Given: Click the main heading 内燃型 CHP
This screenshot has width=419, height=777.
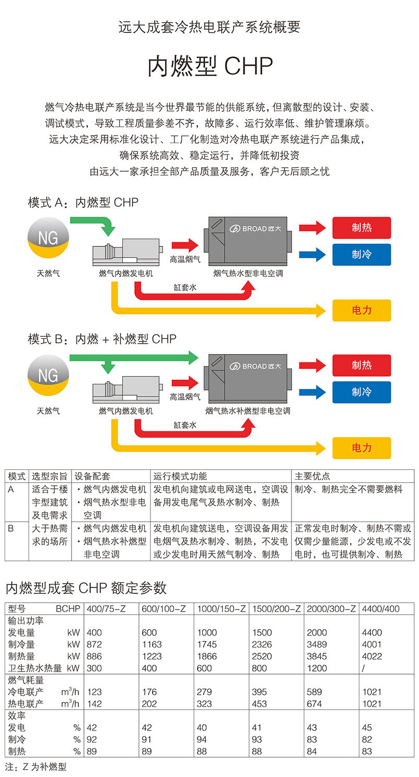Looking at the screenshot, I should click(210, 66).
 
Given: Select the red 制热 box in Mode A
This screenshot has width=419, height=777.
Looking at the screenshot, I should click(362, 228).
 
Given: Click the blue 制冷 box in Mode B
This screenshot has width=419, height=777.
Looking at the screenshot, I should click(362, 392).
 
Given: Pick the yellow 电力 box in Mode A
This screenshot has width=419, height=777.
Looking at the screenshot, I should click(362, 310).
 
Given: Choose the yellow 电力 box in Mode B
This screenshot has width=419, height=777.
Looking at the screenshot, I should click(362, 448).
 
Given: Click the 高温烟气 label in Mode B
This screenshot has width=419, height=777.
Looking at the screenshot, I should click(185, 397).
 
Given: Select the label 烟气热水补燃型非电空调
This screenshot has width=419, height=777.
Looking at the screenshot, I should click(248, 411).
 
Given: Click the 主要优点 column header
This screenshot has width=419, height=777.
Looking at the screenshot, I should click(312, 476).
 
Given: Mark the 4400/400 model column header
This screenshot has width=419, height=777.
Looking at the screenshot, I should click(380, 609).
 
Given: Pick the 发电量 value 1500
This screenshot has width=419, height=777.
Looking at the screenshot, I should click(262, 633).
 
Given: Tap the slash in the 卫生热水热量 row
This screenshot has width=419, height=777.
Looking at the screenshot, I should click(363, 668).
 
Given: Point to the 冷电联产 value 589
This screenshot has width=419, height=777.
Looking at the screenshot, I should click(315, 692).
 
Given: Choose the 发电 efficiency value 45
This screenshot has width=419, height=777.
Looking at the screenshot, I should click(367, 728).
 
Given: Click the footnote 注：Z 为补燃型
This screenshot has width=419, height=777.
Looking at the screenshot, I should click(36, 767).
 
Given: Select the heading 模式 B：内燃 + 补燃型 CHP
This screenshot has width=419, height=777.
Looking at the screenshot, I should click(102, 339).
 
